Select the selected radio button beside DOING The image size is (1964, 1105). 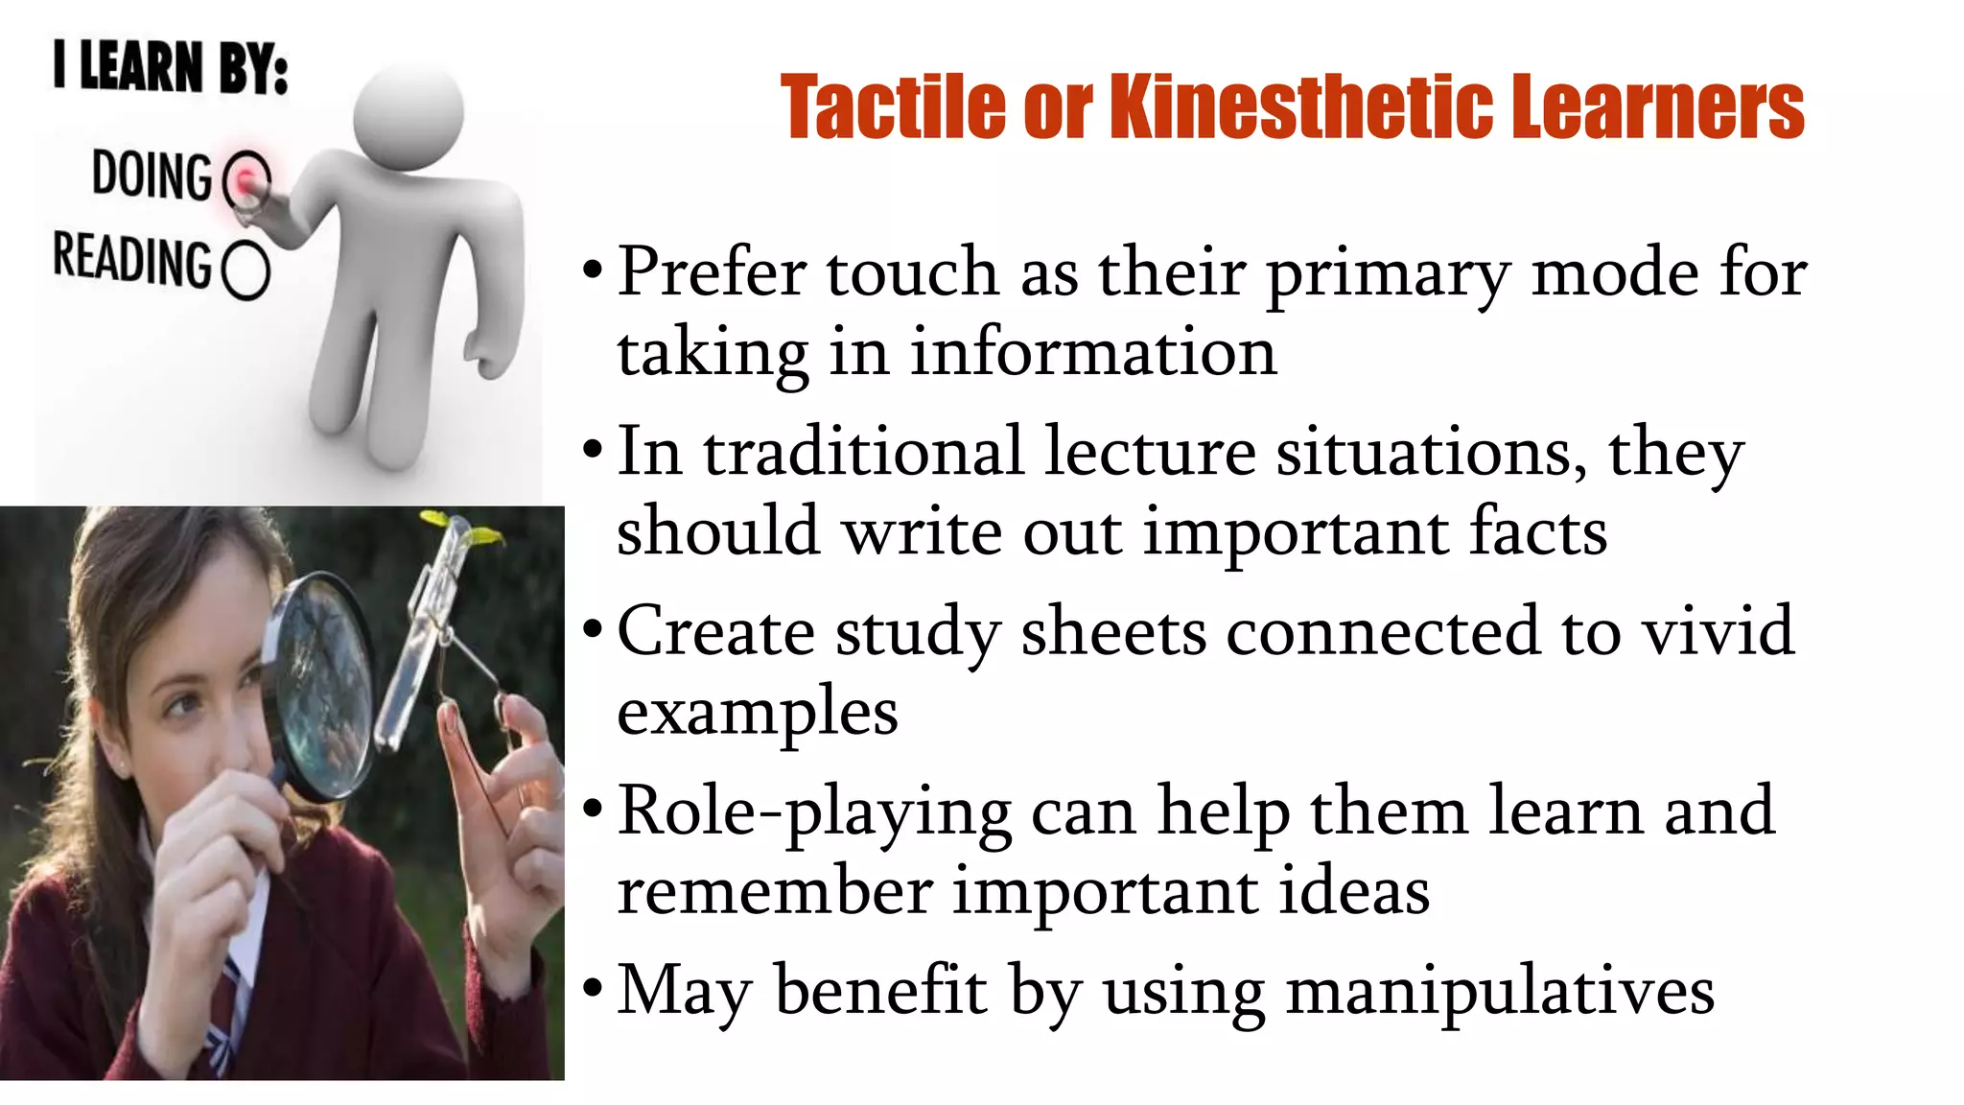click(x=247, y=179)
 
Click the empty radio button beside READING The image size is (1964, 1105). click(x=246, y=270)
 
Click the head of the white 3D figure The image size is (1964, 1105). click(x=408, y=113)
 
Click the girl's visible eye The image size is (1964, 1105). click(x=181, y=707)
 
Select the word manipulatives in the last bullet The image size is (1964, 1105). click(x=1500, y=990)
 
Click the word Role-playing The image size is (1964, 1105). click(x=813, y=811)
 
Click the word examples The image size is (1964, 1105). click(x=758, y=713)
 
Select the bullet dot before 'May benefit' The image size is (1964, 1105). click(x=593, y=988)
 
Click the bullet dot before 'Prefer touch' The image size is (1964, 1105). click(x=593, y=270)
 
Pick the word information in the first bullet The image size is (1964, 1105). click(x=1092, y=352)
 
